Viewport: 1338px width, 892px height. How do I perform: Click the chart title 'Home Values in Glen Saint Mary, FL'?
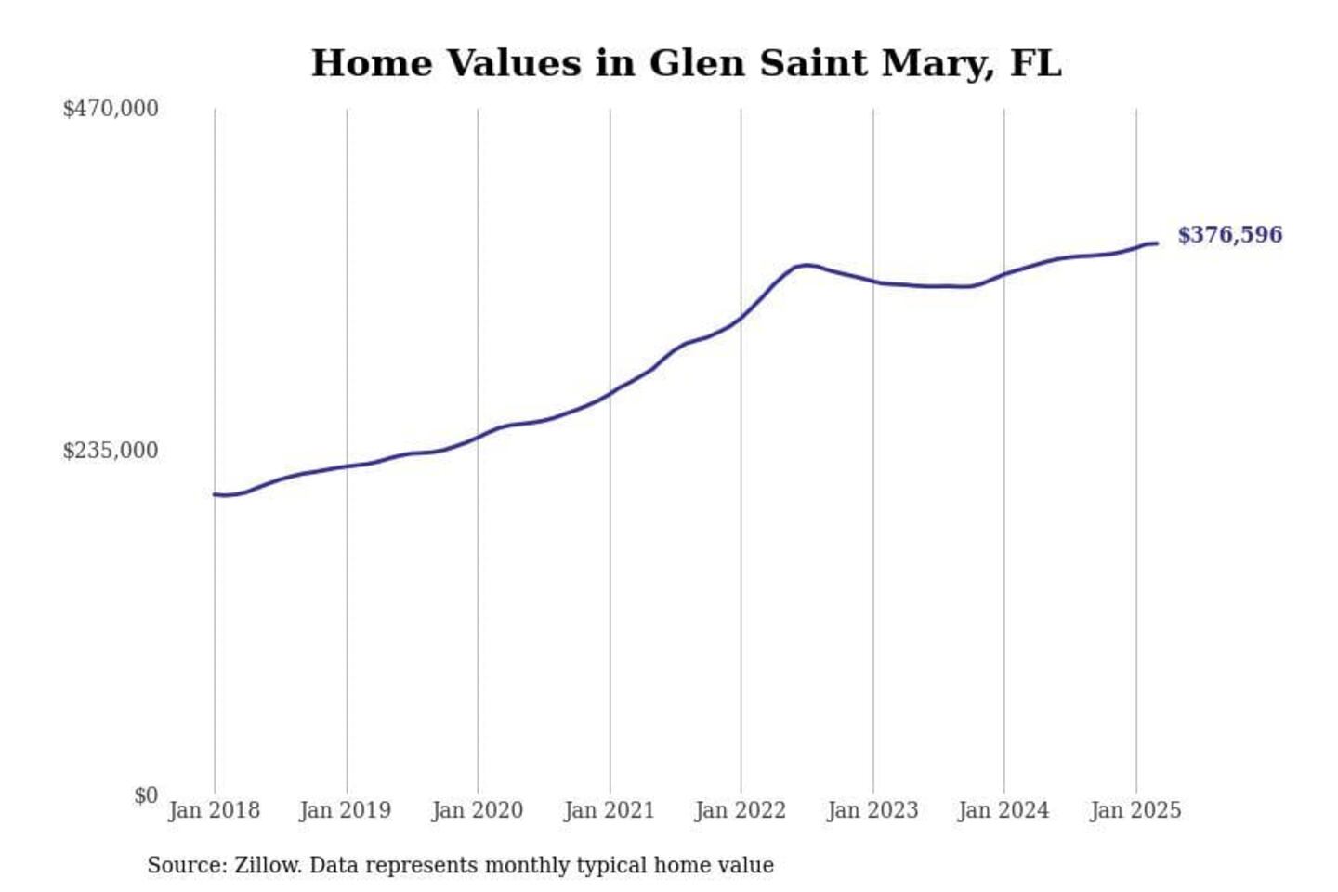pos(686,63)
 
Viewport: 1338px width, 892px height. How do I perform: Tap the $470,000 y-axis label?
pos(111,109)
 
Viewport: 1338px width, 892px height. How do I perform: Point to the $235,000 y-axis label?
pos(111,451)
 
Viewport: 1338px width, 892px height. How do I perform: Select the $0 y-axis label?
pos(146,795)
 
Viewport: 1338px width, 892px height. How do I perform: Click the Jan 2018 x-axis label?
pos(214,810)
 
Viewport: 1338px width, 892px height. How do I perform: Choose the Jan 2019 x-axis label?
pos(346,810)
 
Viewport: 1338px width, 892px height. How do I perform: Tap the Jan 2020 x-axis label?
pos(478,810)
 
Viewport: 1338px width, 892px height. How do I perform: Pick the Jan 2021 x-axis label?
pos(610,810)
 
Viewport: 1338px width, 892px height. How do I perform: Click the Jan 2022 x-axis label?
pos(741,810)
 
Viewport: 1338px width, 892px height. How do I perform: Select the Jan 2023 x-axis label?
pos(872,810)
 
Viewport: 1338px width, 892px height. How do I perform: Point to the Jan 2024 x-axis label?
pos(1003,810)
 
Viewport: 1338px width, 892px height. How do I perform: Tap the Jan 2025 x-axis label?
pos(1135,810)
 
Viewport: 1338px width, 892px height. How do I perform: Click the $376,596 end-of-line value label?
pos(1229,235)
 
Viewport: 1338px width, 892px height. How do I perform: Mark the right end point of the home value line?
pos(1157,243)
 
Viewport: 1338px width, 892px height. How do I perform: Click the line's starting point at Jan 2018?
pos(215,494)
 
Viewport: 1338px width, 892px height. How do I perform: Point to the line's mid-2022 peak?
pos(807,265)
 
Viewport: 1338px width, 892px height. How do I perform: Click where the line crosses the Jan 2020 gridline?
pos(479,436)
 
